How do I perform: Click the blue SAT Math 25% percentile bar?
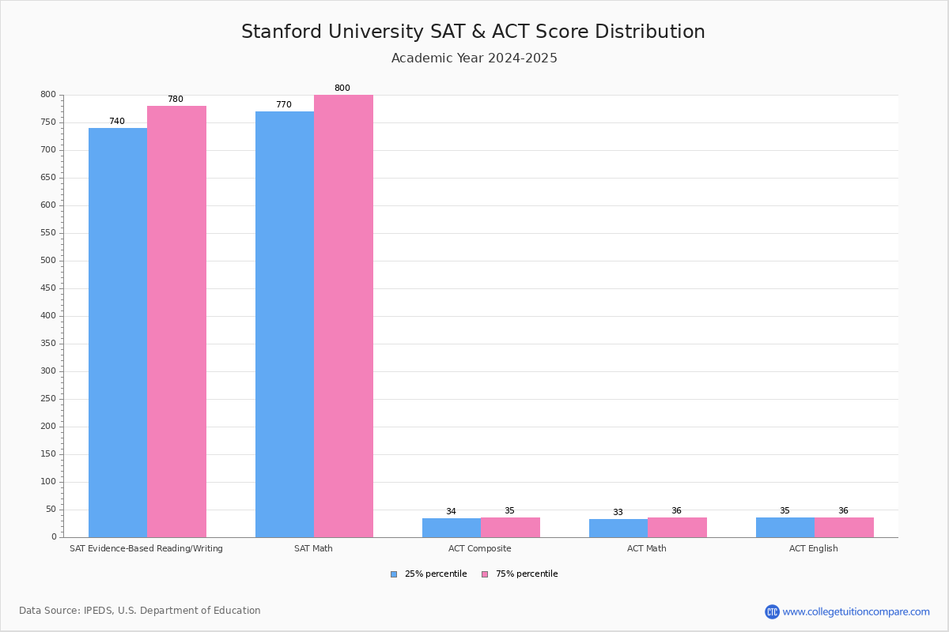[x=285, y=324]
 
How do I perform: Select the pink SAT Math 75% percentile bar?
[x=343, y=316]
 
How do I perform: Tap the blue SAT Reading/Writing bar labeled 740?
[x=118, y=332]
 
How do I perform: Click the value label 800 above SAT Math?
[x=342, y=88]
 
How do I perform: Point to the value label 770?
[x=283, y=105]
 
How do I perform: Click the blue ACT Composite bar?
[x=452, y=528]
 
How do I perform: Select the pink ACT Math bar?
[x=677, y=528]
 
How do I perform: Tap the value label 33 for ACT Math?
[x=618, y=513]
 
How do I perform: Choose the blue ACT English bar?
[x=785, y=528]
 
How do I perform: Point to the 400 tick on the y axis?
[x=48, y=316]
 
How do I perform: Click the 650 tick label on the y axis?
[x=48, y=178]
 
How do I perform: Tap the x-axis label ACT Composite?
[x=479, y=549]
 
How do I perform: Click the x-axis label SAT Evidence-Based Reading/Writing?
[x=146, y=549]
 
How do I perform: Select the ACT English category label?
[x=813, y=549]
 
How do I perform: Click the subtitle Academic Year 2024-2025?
[x=475, y=58]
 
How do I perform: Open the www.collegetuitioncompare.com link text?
[x=856, y=612]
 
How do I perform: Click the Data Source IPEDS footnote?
[x=140, y=611]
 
